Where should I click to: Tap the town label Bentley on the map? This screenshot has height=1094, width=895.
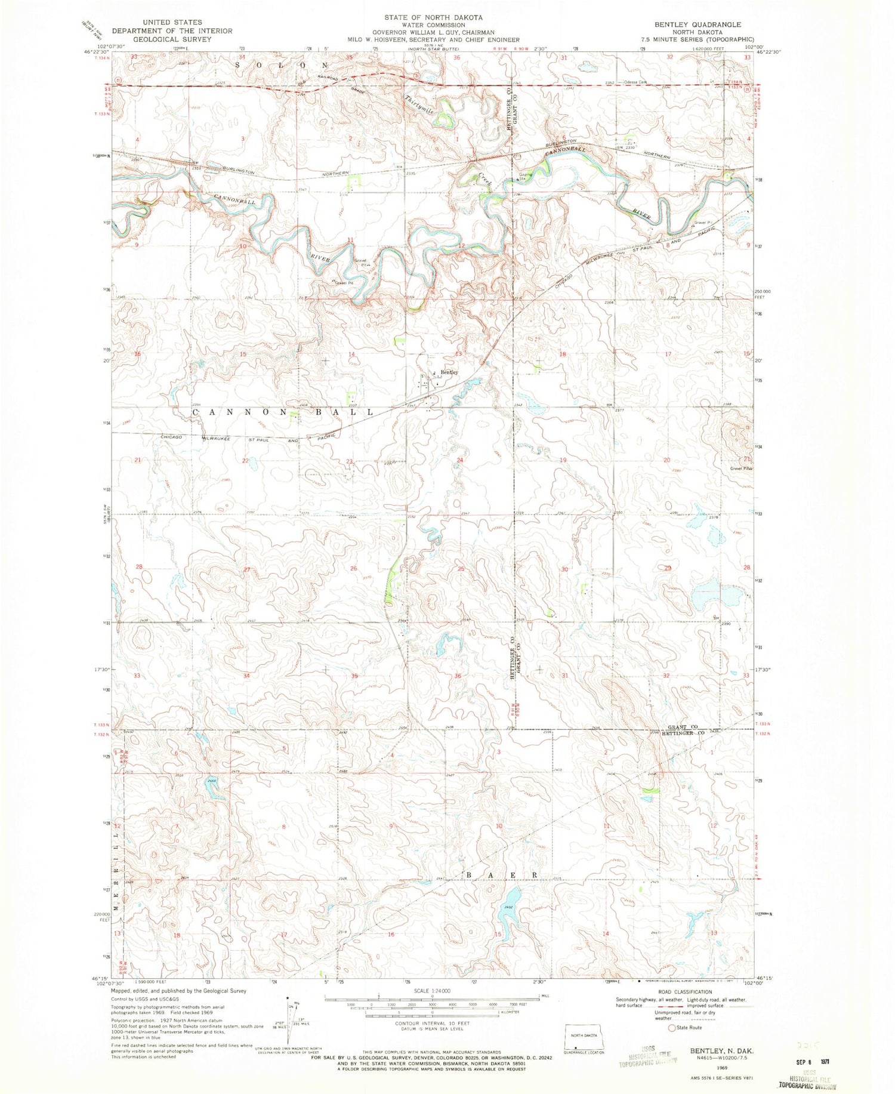(449, 372)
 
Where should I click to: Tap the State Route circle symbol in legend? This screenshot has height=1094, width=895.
(672, 1028)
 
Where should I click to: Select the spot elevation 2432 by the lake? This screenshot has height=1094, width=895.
(508, 907)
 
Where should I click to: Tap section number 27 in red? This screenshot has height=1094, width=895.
(247, 569)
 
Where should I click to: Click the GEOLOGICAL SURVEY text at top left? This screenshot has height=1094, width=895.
(172, 39)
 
